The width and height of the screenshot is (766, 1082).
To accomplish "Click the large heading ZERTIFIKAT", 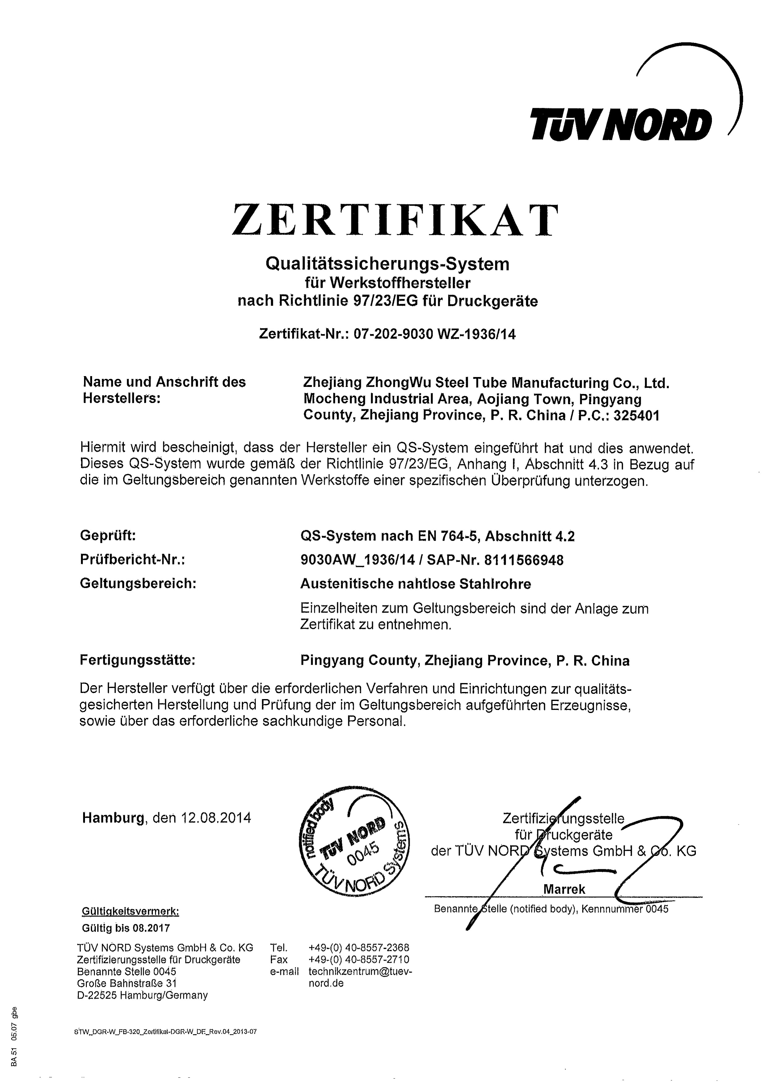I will pos(395,220).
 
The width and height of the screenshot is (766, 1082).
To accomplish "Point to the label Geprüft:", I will pos(108,536).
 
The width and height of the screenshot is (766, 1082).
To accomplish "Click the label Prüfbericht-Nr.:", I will pos(132,560).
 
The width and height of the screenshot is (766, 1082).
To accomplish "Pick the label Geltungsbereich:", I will pos(138,583).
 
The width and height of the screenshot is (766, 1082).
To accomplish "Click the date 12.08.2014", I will pos(216,817).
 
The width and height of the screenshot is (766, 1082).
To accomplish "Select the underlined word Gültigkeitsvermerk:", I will pos(130,912).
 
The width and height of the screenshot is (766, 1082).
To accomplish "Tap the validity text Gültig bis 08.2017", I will pos(125,928).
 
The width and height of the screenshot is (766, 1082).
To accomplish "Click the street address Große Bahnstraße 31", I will pos(126,983).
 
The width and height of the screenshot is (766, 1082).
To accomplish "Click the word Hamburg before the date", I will pos(113,817).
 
